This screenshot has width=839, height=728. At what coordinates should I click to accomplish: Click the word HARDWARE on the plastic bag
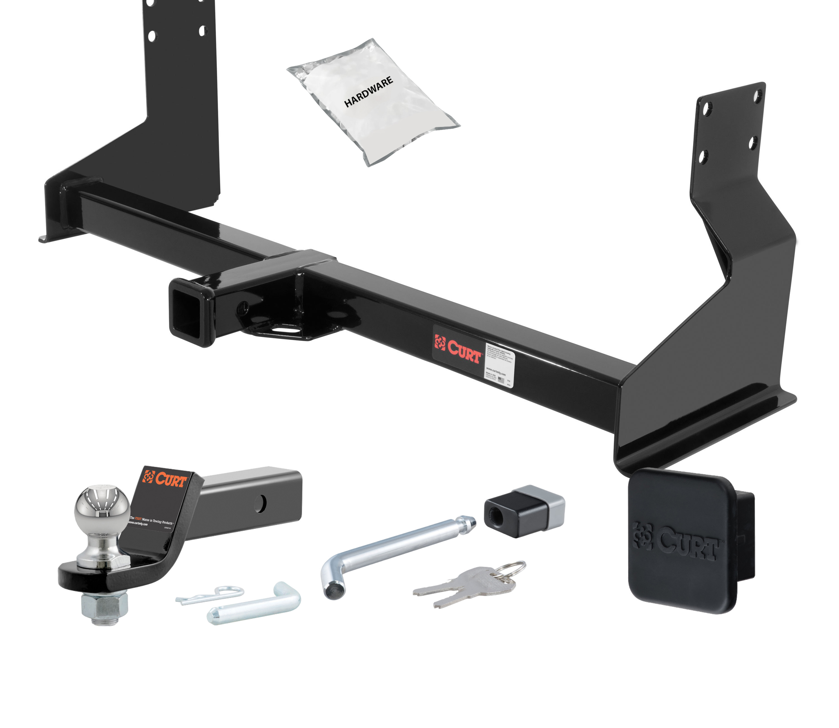[x=368, y=92]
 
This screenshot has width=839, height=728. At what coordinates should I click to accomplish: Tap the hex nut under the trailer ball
[x=105, y=605]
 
